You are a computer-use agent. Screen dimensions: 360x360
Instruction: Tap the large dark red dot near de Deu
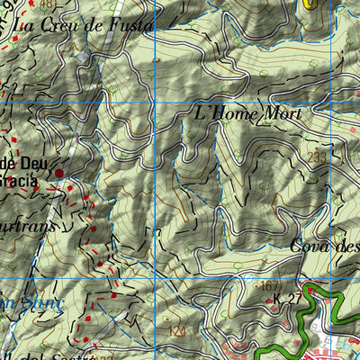pyautogui.click(x=59, y=171)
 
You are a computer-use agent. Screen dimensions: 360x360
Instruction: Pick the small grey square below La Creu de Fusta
pyautogui.click(x=83, y=57)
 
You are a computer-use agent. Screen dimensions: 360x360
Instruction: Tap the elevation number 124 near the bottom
pyautogui.click(x=177, y=332)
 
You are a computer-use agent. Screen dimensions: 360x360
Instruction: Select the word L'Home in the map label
pyautogui.click(x=226, y=114)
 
